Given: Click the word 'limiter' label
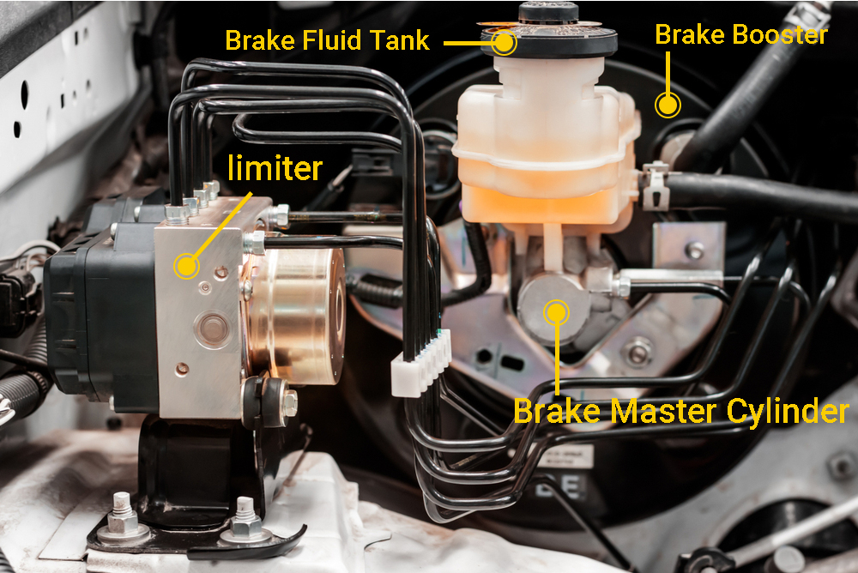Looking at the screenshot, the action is tap(275, 167).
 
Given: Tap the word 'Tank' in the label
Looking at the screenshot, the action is tap(400, 40).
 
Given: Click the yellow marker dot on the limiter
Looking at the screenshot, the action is tap(186, 266).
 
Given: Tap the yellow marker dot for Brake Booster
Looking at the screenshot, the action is tap(668, 105).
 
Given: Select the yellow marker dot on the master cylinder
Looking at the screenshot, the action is tap(557, 312).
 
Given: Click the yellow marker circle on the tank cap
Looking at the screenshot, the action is tap(504, 42).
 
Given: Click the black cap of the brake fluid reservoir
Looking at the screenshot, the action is tap(549, 33).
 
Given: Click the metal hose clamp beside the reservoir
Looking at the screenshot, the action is tap(656, 185).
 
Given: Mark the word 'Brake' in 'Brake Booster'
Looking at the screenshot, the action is tap(691, 34).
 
